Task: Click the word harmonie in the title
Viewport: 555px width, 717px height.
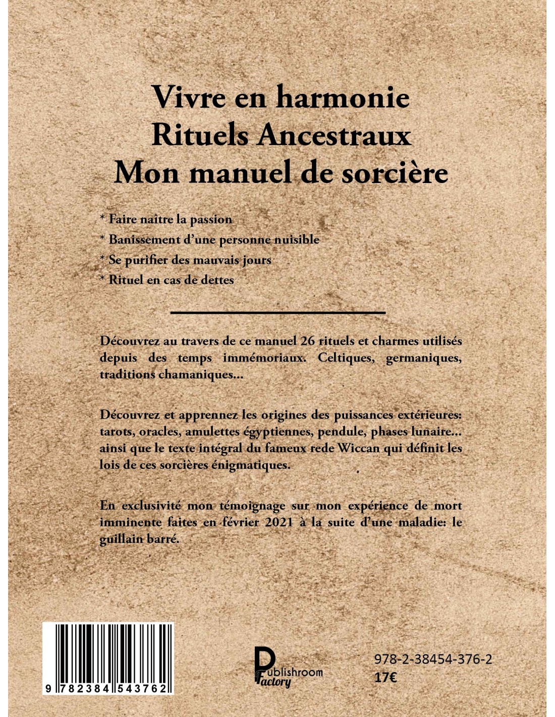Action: coord(343,97)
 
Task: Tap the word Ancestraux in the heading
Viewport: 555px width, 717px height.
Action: coord(334,135)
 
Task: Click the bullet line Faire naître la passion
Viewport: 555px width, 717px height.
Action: coord(166,219)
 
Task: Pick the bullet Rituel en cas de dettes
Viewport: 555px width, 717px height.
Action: coord(167,280)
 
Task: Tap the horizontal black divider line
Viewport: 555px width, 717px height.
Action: coord(278,313)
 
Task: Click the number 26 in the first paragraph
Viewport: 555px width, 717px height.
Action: coord(307,341)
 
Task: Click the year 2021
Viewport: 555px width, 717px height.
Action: coord(279,522)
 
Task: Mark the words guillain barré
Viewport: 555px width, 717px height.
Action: coord(139,539)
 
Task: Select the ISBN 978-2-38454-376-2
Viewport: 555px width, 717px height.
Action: coord(433,660)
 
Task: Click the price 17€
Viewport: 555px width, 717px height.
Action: coord(385,678)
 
